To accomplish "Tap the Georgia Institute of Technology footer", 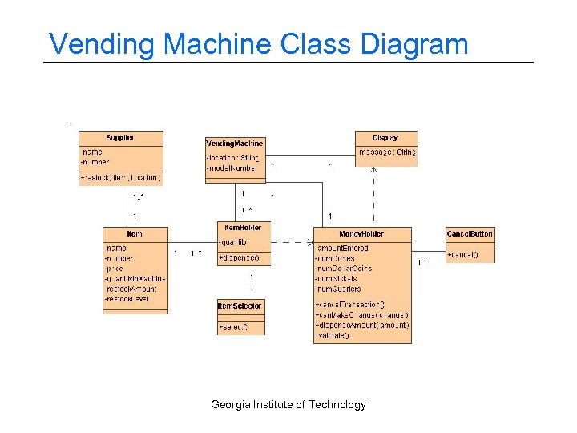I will coord(288,404).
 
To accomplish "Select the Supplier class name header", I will coord(120,138).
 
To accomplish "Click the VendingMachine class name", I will coord(235,143).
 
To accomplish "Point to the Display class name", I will coord(385,138).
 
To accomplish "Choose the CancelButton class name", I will coord(470,233).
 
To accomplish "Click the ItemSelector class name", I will coord(240,306).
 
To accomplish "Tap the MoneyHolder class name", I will coord(361,233).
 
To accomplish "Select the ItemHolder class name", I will coord(244,228).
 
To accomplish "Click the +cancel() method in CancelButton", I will coord(462,254).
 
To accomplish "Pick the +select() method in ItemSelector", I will coord(233,326).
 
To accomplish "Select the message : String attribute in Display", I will coord(386,152).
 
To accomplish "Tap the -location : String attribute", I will coord(233,158).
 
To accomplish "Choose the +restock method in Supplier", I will coord(121,176).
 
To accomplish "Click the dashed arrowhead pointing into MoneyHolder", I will coord(309,241).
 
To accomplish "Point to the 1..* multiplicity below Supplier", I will coord(139,197).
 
